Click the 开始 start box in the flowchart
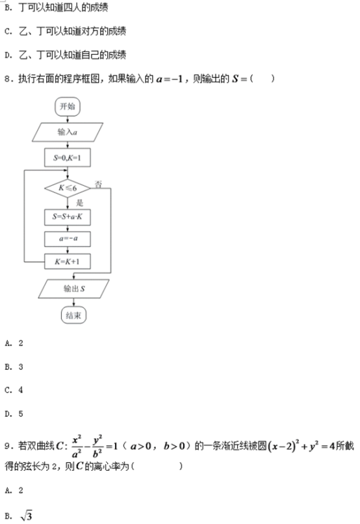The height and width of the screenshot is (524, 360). [x=68, y=107]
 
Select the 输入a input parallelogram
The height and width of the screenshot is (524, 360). [x=68, y=132]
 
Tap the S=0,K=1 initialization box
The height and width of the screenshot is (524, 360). [x=68, y=157]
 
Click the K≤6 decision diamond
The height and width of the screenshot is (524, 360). [x=68, y=188]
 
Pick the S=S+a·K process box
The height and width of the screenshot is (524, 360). [x=68, y=217]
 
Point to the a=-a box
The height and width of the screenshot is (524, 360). [x=68, y=239]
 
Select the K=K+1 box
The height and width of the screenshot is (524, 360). [x=68, y=261]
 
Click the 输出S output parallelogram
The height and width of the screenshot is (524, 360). [x=74, y=289]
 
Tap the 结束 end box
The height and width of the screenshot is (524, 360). [x=74, y=315]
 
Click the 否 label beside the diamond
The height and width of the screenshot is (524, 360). [x=98, y=184]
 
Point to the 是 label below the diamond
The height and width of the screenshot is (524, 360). [x=79, y=203]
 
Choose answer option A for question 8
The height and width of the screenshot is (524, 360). [x=14, y=343]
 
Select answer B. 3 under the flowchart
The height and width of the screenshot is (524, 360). [x=14, y=367]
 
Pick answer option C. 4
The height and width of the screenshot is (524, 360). [x=14, y=390]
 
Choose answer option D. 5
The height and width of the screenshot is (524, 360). [x=14, y=413]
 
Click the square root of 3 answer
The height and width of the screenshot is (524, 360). [x=26, y=516]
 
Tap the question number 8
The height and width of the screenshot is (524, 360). [x=8, y=79]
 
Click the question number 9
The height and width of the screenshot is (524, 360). [x=8, y=446]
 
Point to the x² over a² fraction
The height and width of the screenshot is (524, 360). [x=77, y=447]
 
